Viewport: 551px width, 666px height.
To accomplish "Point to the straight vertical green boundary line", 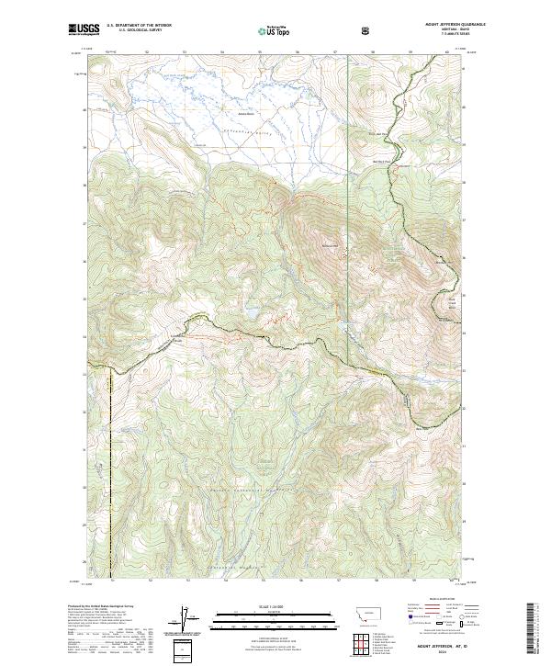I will pos(348,184).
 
